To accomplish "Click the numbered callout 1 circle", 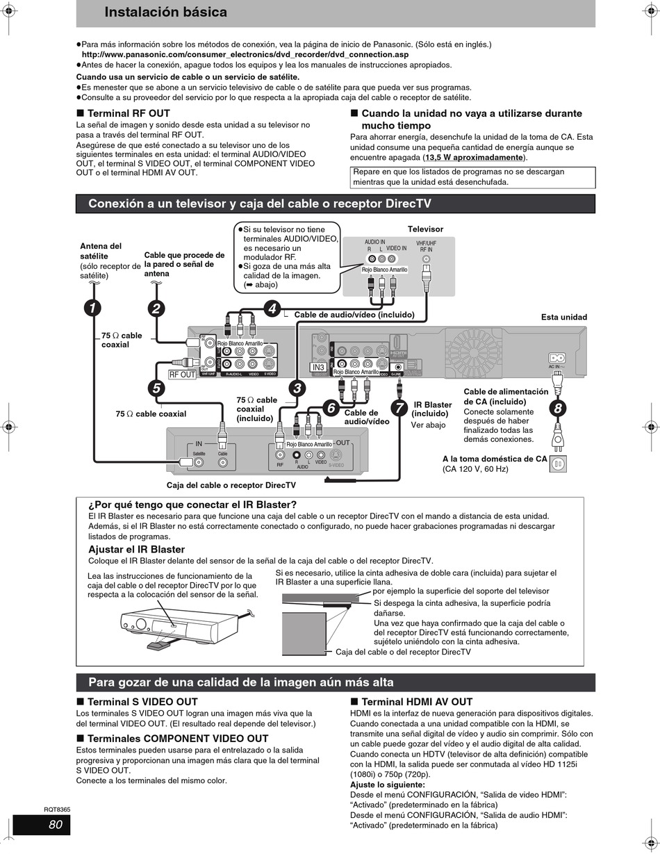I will (92, 308).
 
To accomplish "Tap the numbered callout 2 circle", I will (157, 308).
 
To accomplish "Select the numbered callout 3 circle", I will (297, 388).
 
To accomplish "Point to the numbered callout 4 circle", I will (272, 309).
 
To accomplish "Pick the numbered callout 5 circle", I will (156, 388).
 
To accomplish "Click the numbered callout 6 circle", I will (331, 408).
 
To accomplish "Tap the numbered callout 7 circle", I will (399, 408).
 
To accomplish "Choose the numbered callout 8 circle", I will (557, 408).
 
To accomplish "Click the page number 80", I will (56, 825).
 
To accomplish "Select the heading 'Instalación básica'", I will (165, 13).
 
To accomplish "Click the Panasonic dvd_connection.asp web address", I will (245, 54).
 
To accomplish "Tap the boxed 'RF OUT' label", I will (183, 375).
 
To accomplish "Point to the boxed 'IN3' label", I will (318, 367).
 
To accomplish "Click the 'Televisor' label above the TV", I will (425, 229).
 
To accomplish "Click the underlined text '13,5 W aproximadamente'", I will (473, 157).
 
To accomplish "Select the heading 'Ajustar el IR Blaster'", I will (136, 549).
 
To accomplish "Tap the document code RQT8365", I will (57, 810).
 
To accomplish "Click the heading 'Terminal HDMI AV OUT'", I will (417, 702).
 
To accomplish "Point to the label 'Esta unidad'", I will (563, 317).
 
